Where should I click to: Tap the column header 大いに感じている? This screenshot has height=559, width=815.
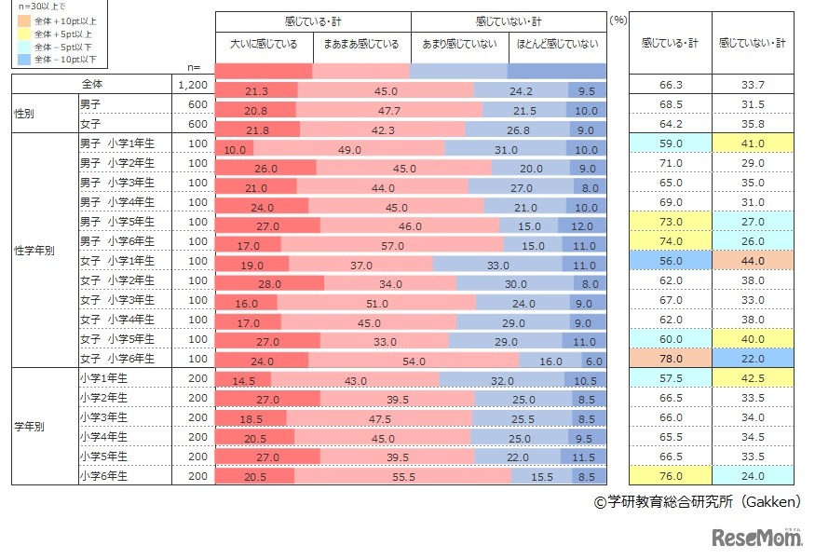[264, 44]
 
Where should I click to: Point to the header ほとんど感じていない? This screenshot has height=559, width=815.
[557, 44]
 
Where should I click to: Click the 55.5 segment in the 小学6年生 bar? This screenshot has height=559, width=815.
[403, 476]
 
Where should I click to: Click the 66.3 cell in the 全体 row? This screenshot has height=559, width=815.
[672, 85]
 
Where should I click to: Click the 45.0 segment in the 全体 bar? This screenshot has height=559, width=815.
[386, 90]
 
